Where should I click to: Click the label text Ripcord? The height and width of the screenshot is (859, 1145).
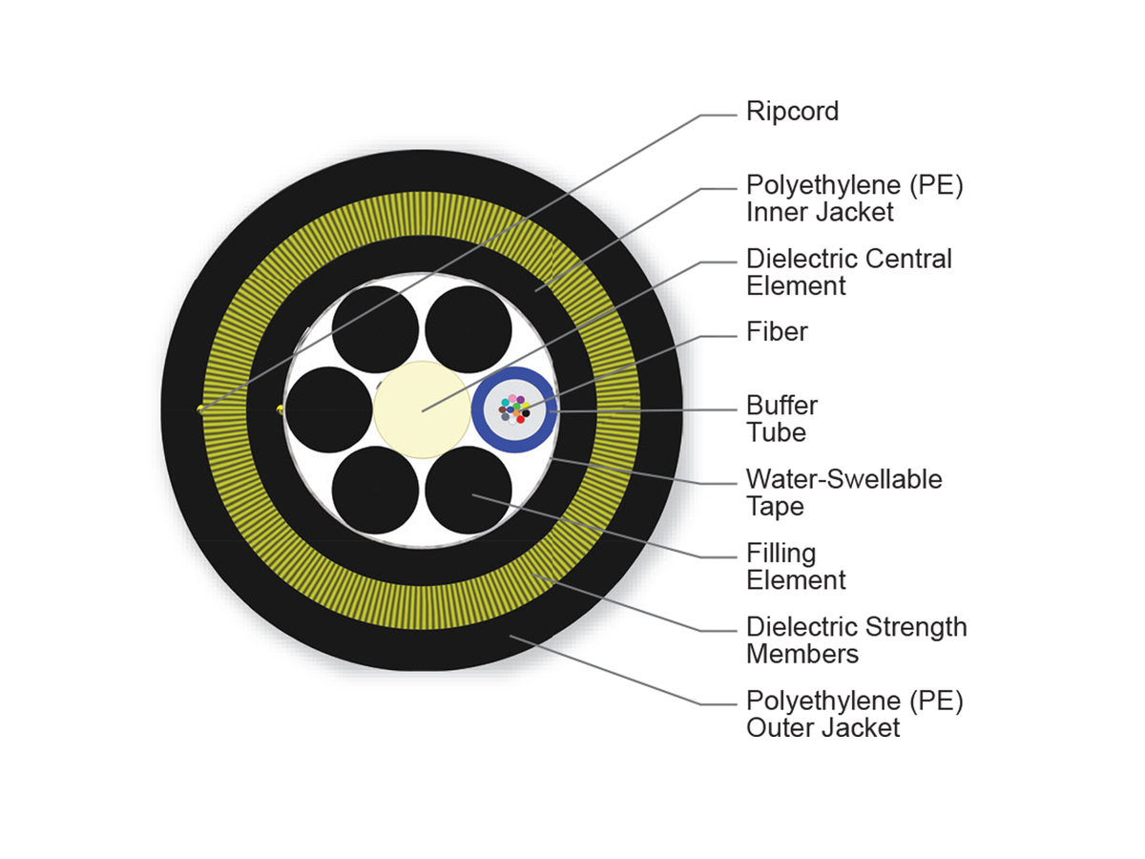coord(792,112)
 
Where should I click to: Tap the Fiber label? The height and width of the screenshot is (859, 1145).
coord(777,332)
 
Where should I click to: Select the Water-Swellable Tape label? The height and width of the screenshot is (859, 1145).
coord(843,492)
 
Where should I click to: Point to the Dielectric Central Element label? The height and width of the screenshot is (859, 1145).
coord(848,272)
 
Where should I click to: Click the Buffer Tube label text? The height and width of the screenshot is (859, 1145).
coord(781,419)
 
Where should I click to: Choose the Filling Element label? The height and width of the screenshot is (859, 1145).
coord(796,566)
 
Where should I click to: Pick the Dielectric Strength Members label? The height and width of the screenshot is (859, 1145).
coord(856,640)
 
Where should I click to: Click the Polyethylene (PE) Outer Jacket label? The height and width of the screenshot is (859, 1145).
coord(854,714)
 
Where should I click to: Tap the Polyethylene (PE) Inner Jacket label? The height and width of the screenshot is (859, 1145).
coord(854,199)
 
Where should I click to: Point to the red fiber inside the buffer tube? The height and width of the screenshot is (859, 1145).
coord(520,419)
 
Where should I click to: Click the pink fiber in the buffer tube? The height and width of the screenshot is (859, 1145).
coord(512,398)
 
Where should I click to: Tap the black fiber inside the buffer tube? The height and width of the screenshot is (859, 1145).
coord(526,413)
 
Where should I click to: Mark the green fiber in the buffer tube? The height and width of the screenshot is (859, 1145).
coord(516,409)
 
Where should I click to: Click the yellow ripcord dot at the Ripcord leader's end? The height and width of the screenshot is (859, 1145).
coord(200,409)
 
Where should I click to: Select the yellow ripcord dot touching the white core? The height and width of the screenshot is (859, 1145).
coord(280,409)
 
